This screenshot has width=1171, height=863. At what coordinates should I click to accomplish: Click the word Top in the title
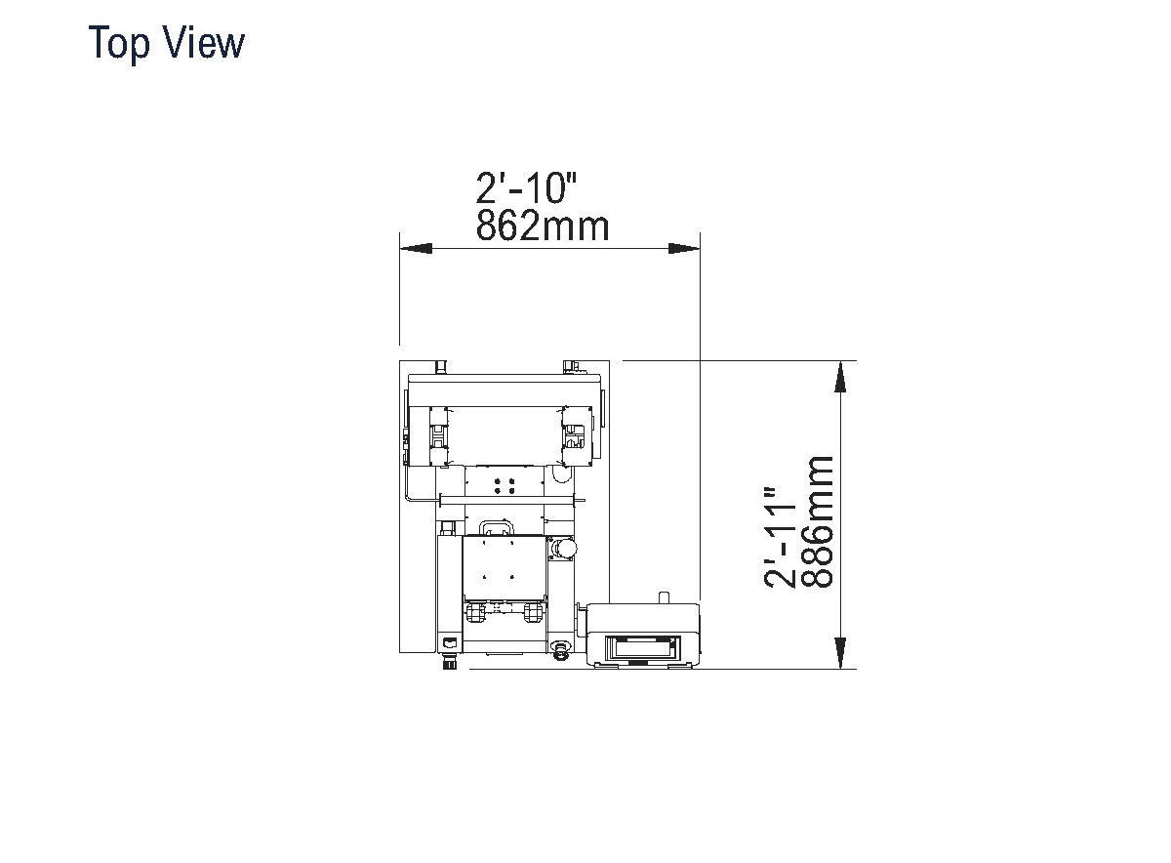(x=119, y=43)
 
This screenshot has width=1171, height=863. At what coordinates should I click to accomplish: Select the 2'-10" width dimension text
(x=526, y=187)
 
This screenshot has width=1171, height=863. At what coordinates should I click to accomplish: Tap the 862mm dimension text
(x=543, y=226)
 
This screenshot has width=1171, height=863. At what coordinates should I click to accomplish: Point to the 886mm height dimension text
(x=817, y=521)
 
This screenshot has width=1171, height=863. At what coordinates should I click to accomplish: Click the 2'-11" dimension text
(x=780, y=538)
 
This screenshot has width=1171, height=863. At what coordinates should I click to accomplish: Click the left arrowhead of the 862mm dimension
(x=416, y=248)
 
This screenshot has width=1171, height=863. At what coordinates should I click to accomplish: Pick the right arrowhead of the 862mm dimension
(x=684, y=248)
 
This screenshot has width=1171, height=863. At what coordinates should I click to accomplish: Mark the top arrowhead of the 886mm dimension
(x=839, y=376)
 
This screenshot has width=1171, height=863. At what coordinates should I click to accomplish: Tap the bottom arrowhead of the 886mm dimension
(x=839, y=653)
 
